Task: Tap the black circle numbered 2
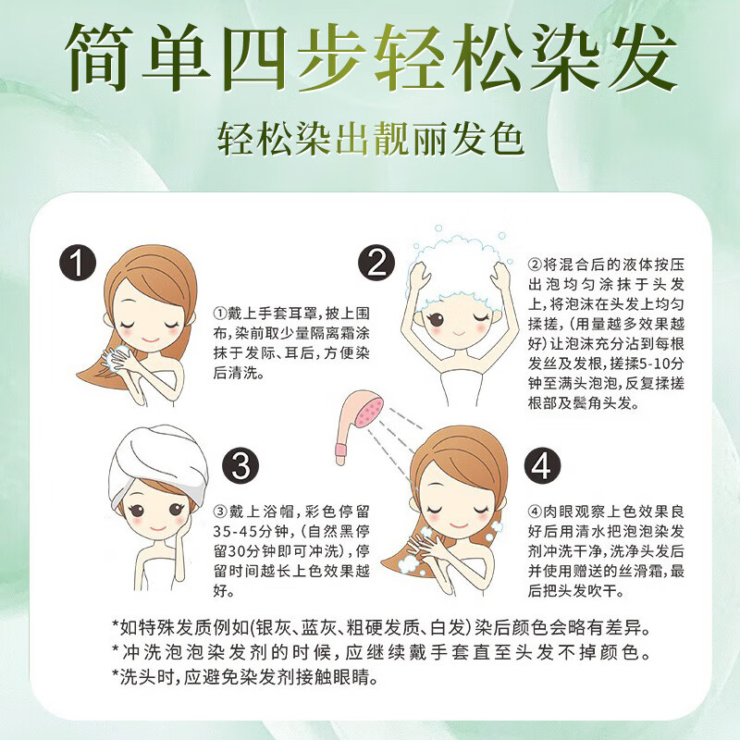[x=376, y=264]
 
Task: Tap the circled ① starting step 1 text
[x=219, y=313]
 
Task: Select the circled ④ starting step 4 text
[x=535, y=512]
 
